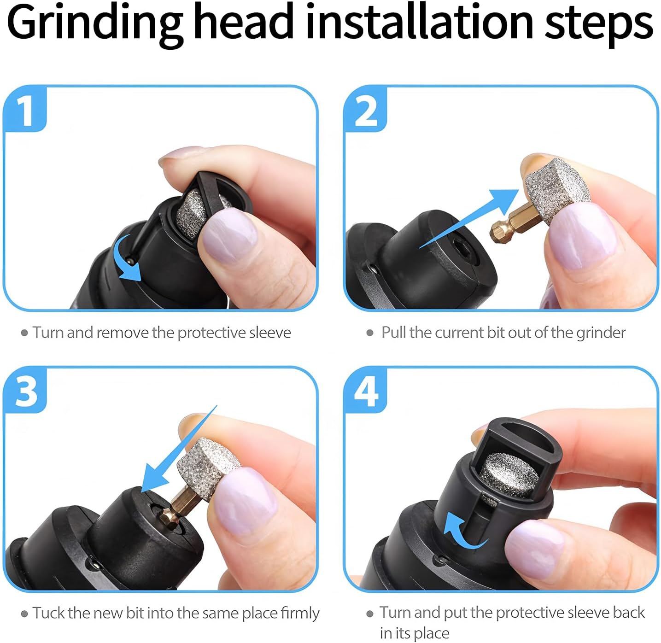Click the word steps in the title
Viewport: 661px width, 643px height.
coord(599,24)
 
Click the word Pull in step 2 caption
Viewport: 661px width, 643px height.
coord(394,333)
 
